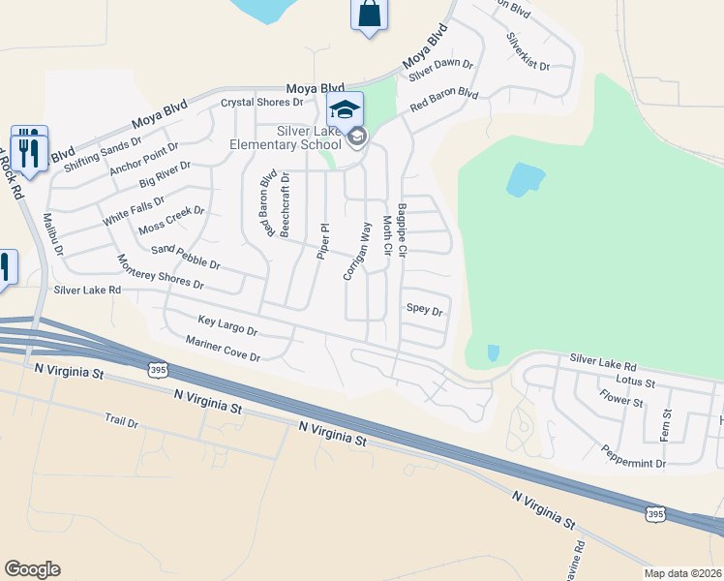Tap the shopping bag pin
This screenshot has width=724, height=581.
point(369,15)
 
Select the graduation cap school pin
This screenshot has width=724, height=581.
point(345,108)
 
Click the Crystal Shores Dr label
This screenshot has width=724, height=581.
point(262,102)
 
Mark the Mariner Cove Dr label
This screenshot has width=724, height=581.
point(224,349)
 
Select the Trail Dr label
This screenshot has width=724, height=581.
point(122,421)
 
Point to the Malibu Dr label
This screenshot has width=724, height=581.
point(52,235)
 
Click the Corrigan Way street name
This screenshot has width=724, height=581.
point(357,251)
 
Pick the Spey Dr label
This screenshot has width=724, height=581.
point(424,311)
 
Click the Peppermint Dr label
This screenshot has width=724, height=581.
point(633,457)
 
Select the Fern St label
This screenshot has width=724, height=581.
point(665,425)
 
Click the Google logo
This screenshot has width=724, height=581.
point(32,569)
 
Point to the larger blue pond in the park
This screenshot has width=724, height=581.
point(525,179)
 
